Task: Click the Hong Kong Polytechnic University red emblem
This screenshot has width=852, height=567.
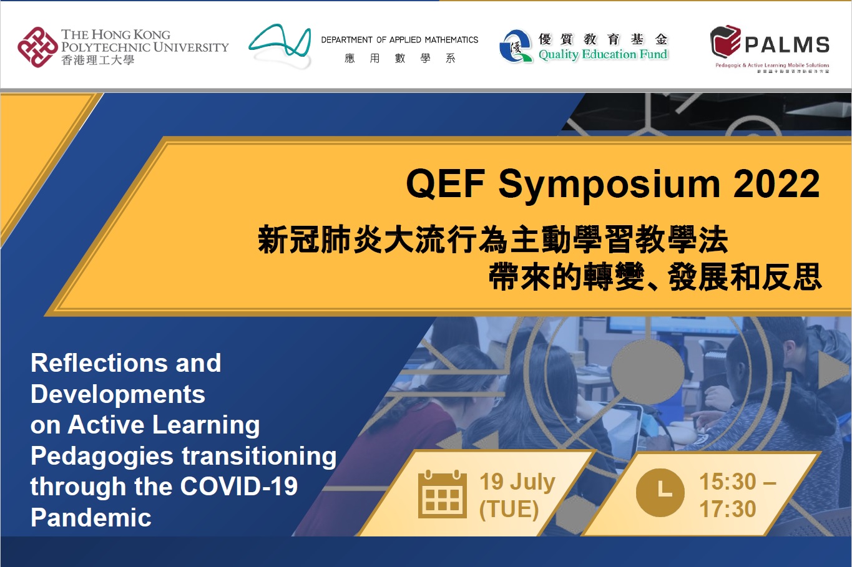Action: [x=37, y=47]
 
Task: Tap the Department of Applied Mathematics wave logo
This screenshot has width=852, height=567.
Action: [x=280, y=46]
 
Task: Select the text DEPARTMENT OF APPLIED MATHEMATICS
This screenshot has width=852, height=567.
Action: [x=399, y=40]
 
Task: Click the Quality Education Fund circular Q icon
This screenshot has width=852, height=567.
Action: [x=515, y=47]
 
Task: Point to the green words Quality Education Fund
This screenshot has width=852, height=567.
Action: [x=603, y=55]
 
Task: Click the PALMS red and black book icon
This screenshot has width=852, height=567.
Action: [x=725, y=42]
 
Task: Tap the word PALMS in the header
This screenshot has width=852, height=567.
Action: [x=787, y=45]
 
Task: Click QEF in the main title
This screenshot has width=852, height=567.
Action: [x=445, y=185]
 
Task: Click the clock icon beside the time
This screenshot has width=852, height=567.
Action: [x=660, y=493]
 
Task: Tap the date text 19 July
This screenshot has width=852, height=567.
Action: [x=517, y=482]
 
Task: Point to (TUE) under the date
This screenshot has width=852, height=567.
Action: [x=509, y=510]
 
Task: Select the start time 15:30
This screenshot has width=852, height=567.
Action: [x=728, y=482]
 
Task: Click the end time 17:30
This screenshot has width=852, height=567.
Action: [x=727, y=510]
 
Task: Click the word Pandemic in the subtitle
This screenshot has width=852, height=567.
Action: [x=91, y=518]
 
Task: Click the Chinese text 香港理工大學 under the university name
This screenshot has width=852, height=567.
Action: [x=97, y=61]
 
